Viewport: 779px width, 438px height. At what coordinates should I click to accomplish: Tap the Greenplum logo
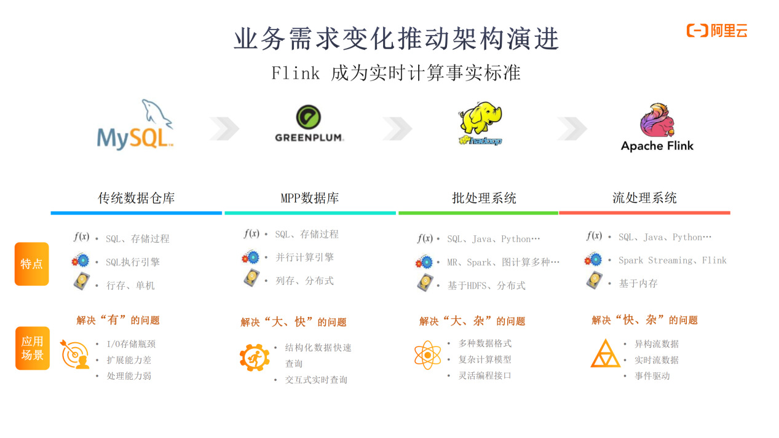coord(309,123)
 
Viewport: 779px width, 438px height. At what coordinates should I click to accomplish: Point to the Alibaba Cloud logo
coord(717,31)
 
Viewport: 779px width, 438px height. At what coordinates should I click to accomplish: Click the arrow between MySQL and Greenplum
coord(224,128)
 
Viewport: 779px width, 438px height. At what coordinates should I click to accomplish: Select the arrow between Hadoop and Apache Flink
coord(572,128)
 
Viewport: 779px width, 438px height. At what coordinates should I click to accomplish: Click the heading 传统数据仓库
coord(136,198)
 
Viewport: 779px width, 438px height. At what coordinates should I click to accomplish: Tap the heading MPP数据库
coord(309,198)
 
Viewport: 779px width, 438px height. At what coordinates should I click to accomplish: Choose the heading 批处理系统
coord(484,198)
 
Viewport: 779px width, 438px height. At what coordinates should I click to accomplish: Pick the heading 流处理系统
coord(644,198)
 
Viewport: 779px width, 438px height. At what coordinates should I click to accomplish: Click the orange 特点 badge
coord(31,264)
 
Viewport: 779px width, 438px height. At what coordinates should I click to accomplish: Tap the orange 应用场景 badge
coord(32,348)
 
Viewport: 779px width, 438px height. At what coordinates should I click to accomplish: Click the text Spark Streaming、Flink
coord(672,260)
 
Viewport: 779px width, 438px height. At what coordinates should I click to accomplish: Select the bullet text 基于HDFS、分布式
coord(486,286)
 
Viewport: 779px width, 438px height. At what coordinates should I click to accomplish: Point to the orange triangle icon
coord(605,354)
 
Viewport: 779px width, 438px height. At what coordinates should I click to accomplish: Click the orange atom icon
coord(427,355)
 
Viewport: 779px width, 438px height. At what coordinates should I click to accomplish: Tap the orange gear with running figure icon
coord(255,358)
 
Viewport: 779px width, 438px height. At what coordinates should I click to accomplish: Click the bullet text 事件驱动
coord(652,376)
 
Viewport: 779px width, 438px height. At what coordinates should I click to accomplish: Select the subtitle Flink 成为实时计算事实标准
coord(396,73)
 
